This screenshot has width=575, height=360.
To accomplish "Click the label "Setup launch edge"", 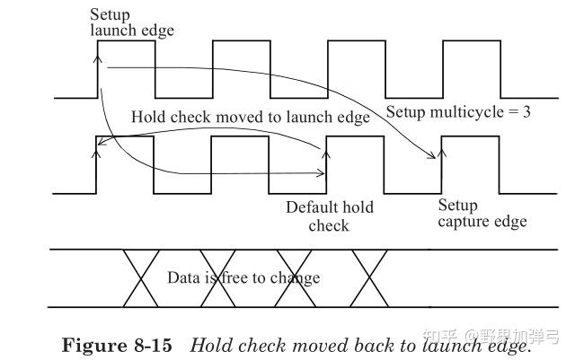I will tap(131, 22).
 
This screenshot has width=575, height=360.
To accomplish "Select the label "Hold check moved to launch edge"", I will tap(251, 118).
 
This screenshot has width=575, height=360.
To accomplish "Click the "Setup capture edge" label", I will tap(481, 214).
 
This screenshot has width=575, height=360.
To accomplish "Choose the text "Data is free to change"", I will tap(243, 277).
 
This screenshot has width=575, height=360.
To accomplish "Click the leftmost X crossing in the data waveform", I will tap(137, 277).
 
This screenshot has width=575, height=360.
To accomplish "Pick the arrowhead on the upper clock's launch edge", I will tap(98, 56).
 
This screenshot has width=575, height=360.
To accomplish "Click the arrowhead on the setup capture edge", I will tap(441, 154).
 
